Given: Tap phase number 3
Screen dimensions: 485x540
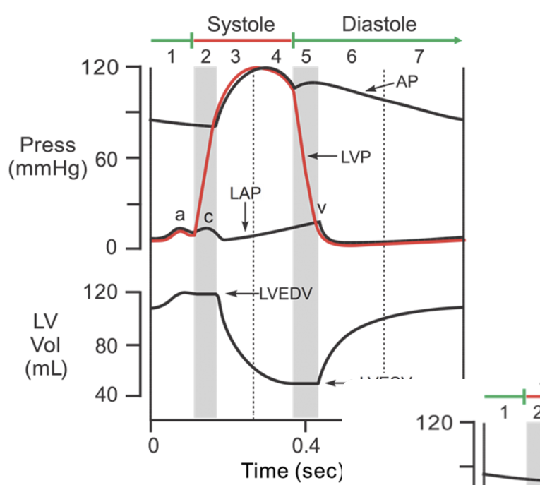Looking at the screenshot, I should (235, 56).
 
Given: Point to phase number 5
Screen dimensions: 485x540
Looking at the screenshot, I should (306, 56).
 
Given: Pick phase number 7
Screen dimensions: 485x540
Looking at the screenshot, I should (419, 56).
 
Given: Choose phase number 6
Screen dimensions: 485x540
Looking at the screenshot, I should (351, 56).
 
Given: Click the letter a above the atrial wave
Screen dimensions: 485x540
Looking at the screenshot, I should (180, 215).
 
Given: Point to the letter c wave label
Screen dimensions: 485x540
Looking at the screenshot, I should (208, 216).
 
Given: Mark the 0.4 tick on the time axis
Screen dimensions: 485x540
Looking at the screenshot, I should (305, 446).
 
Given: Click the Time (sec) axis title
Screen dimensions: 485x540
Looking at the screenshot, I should (291, 470).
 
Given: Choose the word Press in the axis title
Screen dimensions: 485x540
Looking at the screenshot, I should (47, 145).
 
